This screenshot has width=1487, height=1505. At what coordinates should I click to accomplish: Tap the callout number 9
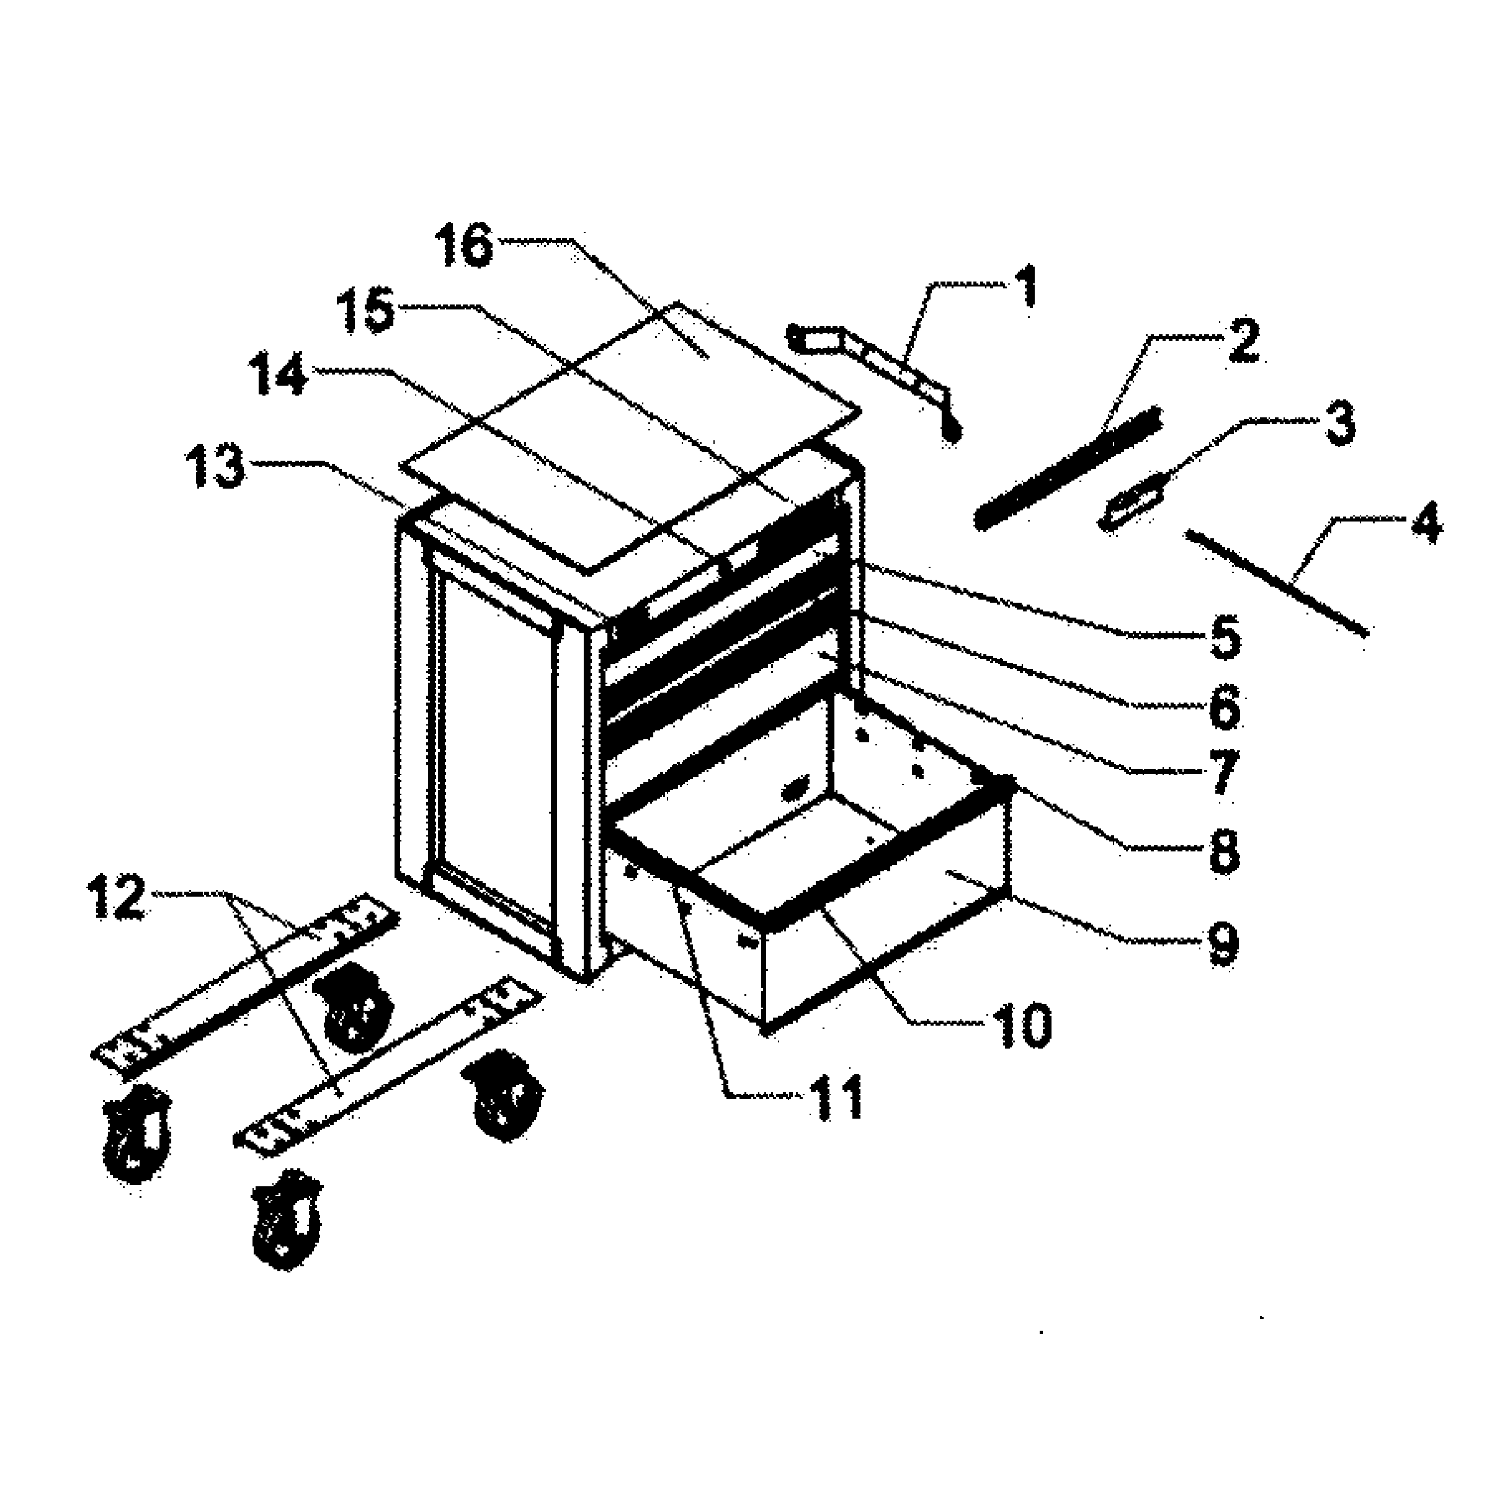click(x=1221, y=943)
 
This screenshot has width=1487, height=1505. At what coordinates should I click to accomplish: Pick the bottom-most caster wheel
click(x=286, y=1219)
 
